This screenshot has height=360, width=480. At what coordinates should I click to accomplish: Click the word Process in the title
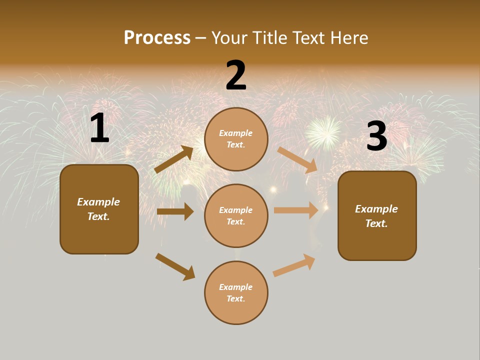157,37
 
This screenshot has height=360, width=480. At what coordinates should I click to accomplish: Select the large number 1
99,128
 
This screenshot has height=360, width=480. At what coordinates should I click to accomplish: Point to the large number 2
236,75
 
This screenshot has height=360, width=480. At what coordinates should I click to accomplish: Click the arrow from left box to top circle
174,160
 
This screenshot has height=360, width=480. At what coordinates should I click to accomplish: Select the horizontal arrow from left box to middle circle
175,211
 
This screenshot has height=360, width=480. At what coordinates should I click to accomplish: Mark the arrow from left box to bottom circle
175,266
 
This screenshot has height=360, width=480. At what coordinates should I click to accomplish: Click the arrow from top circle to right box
297,160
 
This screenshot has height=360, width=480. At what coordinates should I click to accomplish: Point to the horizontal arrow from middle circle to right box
296,210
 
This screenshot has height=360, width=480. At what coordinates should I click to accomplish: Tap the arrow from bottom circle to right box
294,265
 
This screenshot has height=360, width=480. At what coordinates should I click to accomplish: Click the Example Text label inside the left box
98,209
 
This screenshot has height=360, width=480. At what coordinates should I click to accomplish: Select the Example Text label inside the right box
376,216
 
